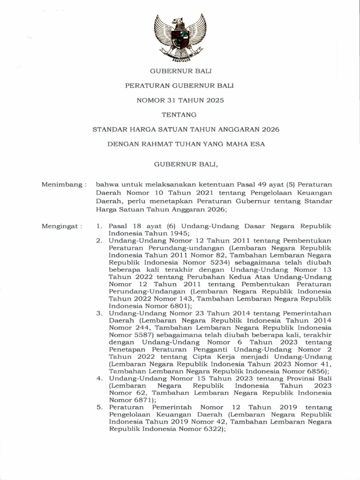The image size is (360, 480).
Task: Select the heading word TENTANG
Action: point(179,114)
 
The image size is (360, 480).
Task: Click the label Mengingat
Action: point(62,226)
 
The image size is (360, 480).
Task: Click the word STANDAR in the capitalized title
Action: point(111,129)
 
